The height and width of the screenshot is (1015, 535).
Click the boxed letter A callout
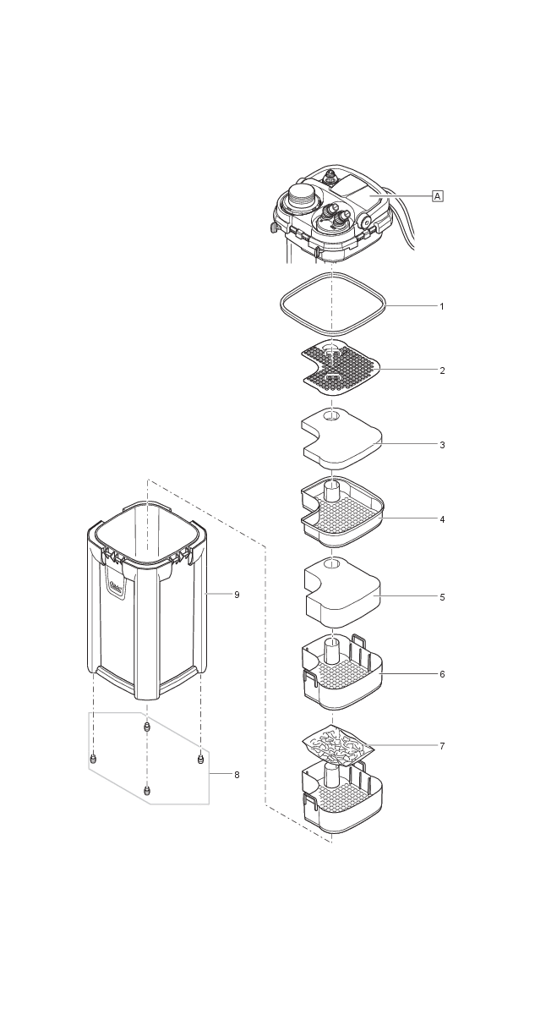pyautogui.click(x=438, y=195)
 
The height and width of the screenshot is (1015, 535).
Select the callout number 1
pyautogui.click(x=441, y=306)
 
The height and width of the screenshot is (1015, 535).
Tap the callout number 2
pyautogui.click(x=441, y=370)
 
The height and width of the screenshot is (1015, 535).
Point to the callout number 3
pyautogui.click(x=441, y=444)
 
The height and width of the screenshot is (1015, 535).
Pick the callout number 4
pyautogui.click(x=441, y=518)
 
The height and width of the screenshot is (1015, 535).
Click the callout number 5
pyautogui.click(x=441, y=597)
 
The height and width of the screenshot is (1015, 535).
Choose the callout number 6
pyautogui.click(x=441, y=674)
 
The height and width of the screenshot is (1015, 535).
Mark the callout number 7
pyautogui.click(x=441, y=746)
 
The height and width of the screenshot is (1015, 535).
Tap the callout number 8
pyautogui.click(x=237, y=775)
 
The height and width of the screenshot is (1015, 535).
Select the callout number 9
pyautogui.click(x=237, y=595)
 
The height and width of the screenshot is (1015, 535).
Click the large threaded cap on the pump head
pyautogui.click(x=299, y=197)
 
